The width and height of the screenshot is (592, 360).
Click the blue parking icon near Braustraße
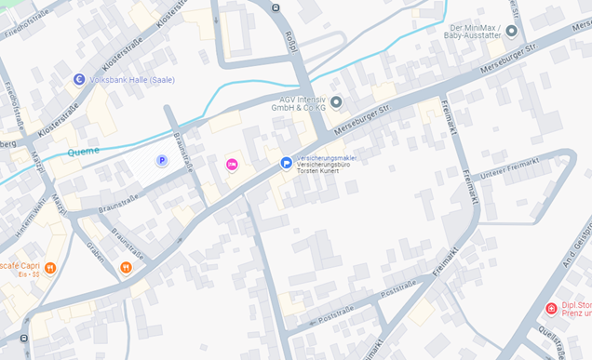coord(161,161)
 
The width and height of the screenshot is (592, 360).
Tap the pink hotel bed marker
coord(232,165)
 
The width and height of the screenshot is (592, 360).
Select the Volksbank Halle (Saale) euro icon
coord(79,80)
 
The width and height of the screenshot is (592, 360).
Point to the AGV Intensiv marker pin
coord(336,101)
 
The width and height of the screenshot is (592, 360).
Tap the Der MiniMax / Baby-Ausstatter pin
coord(511,31)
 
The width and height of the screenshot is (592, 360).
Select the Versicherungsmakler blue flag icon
coord(287,164)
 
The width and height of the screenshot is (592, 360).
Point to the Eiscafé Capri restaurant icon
coord(49,268)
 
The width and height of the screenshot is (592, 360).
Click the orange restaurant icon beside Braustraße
coord(126,268)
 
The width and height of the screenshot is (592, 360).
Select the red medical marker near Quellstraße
coord(551,308)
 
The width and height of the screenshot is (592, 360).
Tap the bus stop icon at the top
coord(276,7)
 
